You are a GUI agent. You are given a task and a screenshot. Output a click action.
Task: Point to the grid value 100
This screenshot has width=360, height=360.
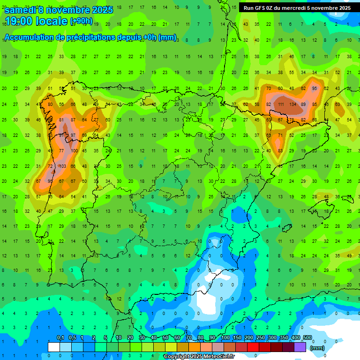point(74,150)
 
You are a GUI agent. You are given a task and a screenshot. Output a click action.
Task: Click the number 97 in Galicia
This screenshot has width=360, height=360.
point(73,135)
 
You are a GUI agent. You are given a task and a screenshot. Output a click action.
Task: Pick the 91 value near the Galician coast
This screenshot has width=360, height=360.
point(61,135)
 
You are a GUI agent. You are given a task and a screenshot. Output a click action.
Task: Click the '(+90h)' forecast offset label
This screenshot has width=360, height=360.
point(81,21)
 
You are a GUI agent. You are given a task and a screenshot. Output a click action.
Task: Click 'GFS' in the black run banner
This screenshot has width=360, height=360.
point(260,8)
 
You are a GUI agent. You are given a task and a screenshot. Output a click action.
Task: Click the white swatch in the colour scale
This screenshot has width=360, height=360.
point(54,347)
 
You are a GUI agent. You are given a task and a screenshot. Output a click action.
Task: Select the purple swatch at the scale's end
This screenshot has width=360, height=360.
point(300,347)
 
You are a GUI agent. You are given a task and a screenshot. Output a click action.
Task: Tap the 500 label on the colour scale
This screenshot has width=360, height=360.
point(307,338)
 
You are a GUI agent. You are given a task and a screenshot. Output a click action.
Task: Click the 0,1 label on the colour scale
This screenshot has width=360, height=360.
point(60,338)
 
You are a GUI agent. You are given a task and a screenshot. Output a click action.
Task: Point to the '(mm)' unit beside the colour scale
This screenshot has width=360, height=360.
point(317,348)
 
